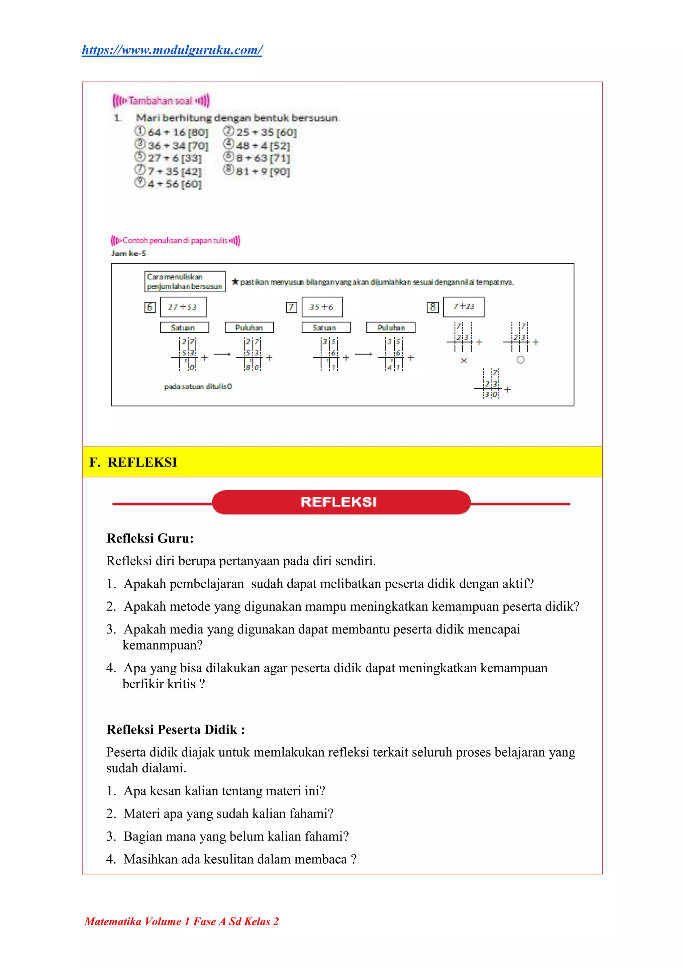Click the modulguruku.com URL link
(172, 50)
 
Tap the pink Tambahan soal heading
(161, 101)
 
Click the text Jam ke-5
(129, 253)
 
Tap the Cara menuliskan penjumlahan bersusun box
(185, 282)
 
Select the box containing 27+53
(183, 307)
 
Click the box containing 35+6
(322, 307)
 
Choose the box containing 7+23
(464, 306)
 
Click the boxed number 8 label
(432, 307)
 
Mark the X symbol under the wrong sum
(464, 361)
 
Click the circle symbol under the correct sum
(520, 360)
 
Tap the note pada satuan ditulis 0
(198, 387)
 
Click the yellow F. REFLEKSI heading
(133, 462)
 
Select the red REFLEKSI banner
(340, 502)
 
